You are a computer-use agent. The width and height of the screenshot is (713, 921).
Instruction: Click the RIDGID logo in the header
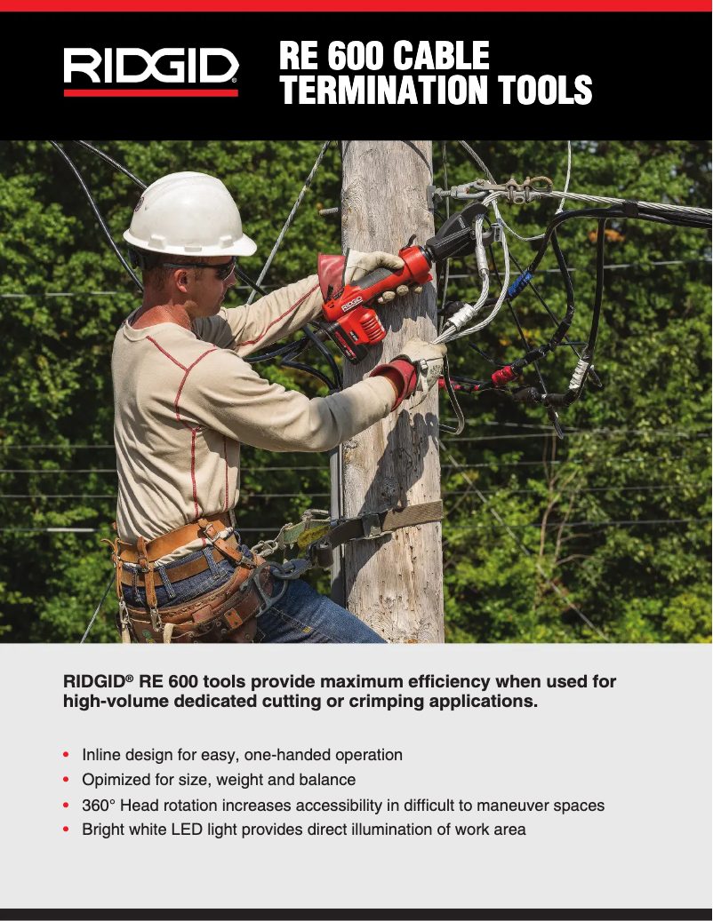(x=150, y=70)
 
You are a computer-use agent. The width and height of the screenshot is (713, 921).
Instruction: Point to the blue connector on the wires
(x=519, y=284)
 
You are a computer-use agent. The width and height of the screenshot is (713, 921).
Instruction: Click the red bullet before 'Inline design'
(x=67, y=755)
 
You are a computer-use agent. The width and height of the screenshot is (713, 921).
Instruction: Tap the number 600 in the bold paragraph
(x=182, y=681)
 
